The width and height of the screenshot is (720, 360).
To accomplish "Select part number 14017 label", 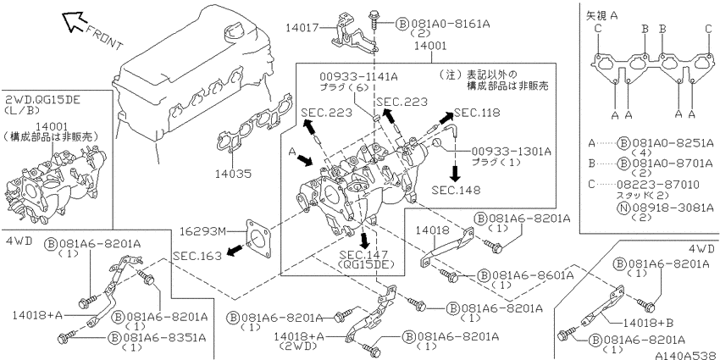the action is pyautogui.click(x=302, y=28).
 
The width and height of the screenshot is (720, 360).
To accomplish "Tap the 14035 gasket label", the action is pyautogui.click(x=234, y=174).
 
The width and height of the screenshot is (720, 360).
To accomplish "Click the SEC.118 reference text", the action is pyautogui.click(x=477, y=113).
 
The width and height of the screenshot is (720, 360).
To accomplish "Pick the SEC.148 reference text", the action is pyautogui.click(x=456, y=190).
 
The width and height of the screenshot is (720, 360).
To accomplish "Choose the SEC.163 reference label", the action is pyautogui.click(x=197, y=256).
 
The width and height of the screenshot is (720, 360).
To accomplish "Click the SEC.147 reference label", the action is pyautogui.click(x=363, y=255).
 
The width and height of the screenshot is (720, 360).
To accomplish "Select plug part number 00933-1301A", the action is pyautogui.click(x=512, y=151).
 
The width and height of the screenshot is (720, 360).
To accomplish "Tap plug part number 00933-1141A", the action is pyautogui.click(x=358, y=77).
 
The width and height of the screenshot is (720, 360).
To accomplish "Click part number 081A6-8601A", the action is pyautogui.click(x=533, y=275).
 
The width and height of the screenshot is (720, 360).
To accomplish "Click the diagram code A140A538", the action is pyautogui.click(x=687, y=355).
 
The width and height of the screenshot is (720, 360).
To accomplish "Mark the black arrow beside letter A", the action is pyautogui.click(x=305, y=160).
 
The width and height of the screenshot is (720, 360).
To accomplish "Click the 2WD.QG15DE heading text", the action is pyautogui.click(x=42, y=101).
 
